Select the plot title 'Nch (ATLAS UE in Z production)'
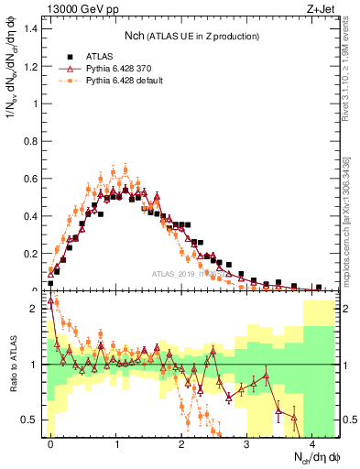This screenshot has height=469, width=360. click(x=192, y=35)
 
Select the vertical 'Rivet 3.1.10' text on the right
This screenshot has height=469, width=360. click(x=349, y=64)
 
